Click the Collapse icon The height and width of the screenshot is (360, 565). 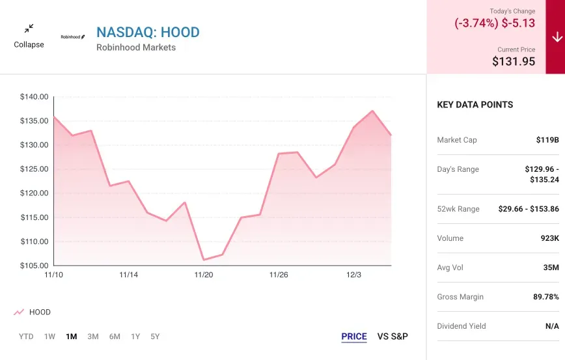pos(29,29)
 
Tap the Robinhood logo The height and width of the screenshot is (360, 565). pos(73,37)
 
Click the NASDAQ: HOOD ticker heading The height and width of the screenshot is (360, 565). pos(148,32)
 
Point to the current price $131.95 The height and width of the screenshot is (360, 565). pos(514,61)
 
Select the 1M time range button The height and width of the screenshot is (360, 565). pos(72,337)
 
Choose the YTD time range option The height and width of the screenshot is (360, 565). pos(26,337)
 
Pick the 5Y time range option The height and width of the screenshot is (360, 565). pos(155,337)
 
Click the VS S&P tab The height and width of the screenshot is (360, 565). pos(393,337)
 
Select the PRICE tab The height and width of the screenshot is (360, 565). pos(354,337)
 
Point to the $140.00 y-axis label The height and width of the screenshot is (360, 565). pos(34,97)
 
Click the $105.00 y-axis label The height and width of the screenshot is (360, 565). pos(34,266)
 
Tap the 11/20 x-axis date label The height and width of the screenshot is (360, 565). pos(204,275)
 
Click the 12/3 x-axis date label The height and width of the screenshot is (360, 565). pos(353,275)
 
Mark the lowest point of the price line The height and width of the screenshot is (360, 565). pos(204,260)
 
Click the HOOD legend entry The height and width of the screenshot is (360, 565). pos(39,312)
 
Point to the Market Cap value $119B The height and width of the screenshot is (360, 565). pos(547,140)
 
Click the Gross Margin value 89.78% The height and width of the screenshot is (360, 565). pos(545,297)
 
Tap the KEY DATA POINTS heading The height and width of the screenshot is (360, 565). pos(475,105)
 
